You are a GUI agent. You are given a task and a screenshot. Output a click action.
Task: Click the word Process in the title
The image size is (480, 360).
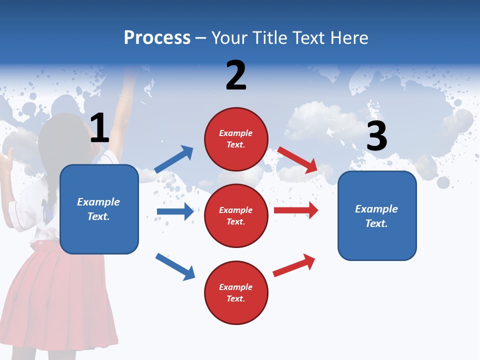pyautogui.click(x=157, y=38)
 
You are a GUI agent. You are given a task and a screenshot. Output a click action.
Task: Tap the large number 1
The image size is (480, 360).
pyautogui.click(x=99, y=128)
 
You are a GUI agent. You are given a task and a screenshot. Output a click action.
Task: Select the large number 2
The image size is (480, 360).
pyautogui.click(x=236, y=75)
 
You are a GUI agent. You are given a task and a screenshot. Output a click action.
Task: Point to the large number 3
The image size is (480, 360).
pyautogui.click(x=376, y=136)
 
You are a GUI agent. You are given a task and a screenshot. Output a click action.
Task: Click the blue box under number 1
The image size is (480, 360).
pyautogui.click(x=99, y=209)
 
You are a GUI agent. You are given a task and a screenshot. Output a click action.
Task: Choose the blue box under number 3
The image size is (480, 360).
pyautogui.click(x=377, y=215)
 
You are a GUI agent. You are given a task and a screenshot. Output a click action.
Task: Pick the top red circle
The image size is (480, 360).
pyautogui.click(x=236, y=139)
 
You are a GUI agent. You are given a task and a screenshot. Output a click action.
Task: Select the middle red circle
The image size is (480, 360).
pyautogui.click(x=236, y=215)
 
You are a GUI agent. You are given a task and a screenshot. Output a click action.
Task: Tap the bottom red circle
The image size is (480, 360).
pyautogui.click(x=236, y=292)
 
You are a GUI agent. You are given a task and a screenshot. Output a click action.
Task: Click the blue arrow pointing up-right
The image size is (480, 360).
pyautogui.click(x=174, y=159)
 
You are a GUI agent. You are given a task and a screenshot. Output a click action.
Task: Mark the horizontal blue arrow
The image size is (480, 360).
pyautogui.click(x=175, y=211)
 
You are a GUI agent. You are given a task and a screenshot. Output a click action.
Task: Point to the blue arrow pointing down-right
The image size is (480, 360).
pyautogui.click(x=175, y=266)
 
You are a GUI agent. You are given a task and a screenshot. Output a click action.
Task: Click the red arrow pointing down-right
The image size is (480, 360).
pyautogui.click(x=297, y=159)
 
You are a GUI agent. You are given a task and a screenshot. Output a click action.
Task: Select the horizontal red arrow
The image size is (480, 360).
pyautogui.click(x=296, y=210)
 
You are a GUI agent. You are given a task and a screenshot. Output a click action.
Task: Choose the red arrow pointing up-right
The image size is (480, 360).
pyautogui.click(x=294, y=265)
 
